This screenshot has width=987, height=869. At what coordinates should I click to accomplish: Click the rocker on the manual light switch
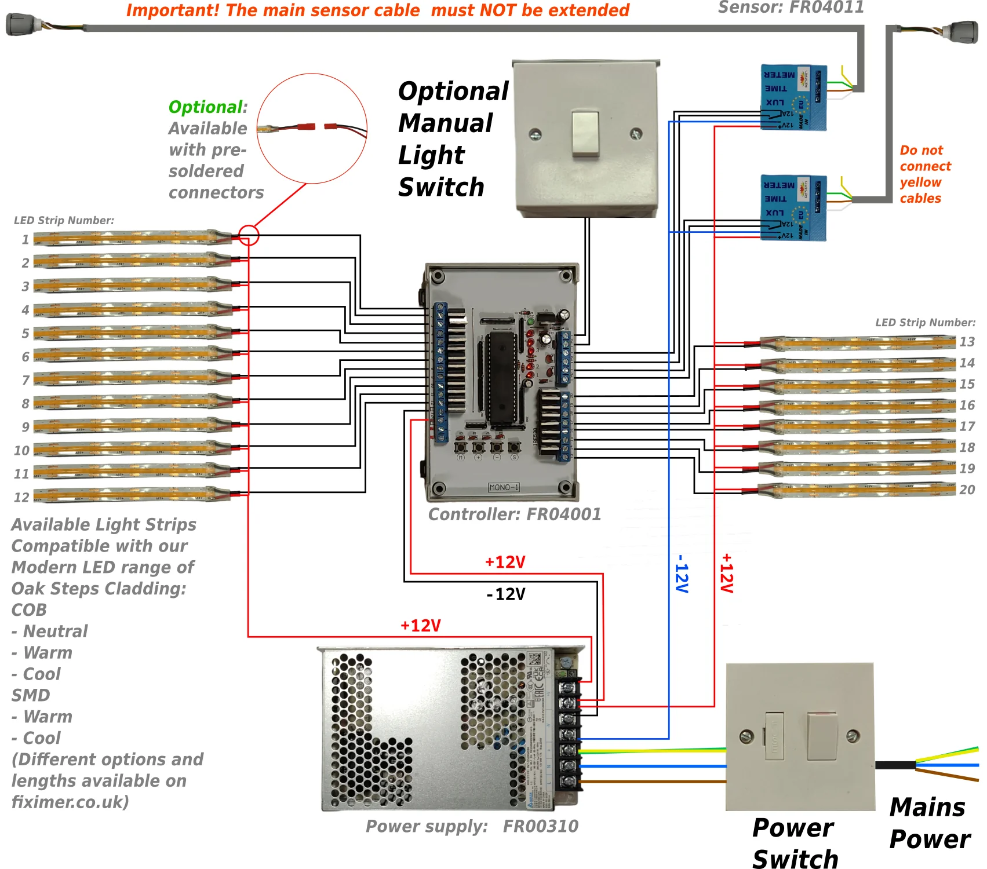coord(585,134)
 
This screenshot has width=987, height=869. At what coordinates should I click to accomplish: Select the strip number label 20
coord(967,490)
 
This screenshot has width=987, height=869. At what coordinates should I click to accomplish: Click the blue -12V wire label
coord(682,574)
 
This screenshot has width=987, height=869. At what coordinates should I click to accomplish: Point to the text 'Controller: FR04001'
coord(514,514)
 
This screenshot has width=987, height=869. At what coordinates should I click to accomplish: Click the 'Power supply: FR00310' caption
coord(472,826)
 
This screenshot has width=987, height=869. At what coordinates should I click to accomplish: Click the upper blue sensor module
coord(793,97)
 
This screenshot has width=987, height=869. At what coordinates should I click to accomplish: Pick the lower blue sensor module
coord(793,207)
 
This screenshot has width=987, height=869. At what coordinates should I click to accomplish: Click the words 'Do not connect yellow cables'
coord(924,174)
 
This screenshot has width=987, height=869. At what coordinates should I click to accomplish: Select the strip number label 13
coord(967,342)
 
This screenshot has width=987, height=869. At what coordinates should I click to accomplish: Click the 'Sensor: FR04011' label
coord(791,8)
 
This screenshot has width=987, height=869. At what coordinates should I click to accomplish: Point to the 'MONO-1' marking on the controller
coord(504,487)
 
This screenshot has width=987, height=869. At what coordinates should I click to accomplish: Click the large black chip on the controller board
coord(501,377)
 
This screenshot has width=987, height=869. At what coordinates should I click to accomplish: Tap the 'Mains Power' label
coord(929,823)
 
